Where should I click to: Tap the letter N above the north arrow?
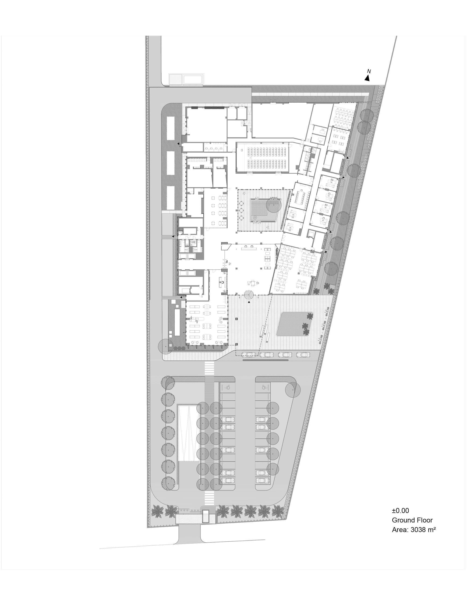pyautogui.click(x=369, y=71)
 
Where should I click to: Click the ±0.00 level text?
pyautogui.click(x=400, y=511)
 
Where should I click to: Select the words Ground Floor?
pyautogui.click(x=412, y=520)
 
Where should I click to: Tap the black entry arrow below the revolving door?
pyautogui.click(x=249, y=302)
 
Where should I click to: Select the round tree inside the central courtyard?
pyautogui.click(x=274, y=205)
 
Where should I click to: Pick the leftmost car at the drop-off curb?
pyautogui.click(x=249, y=354)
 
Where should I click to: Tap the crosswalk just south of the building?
pyautogui.click(x=209, y=368)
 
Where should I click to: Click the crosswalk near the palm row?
pyautogui.click(x=209, y=497)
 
